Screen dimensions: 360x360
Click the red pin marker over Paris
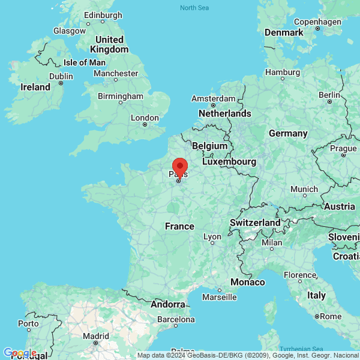(179, 166)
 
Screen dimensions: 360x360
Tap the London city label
(145, 118)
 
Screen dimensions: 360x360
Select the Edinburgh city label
(103, 15)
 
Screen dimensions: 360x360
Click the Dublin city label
(61, 76)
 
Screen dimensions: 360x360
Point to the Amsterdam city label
(213, 98)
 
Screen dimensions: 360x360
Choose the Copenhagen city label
(317, 22)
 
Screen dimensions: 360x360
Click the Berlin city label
(329, 95)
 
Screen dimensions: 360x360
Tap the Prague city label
(343, 148)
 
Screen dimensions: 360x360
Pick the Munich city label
(304, 190)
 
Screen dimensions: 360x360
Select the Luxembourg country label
(229, 162)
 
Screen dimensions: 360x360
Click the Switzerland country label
(255, 223)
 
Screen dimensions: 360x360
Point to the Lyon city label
(212, 237)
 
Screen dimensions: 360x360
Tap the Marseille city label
(219, 297)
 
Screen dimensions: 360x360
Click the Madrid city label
(96, 336)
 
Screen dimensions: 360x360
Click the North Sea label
(194, 7)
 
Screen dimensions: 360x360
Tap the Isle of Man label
(85, 62)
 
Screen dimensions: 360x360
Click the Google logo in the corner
(19, 353)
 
